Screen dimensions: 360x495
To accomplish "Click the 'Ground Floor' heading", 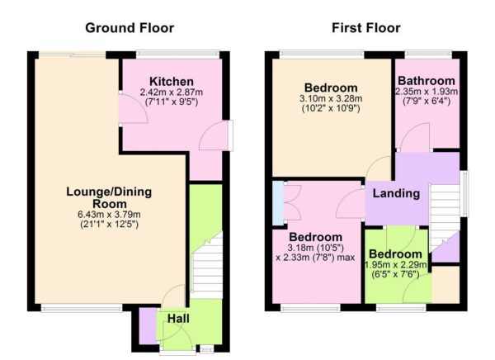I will [130, 28].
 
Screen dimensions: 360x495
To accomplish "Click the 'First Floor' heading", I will [365, 28].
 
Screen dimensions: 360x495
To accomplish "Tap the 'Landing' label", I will [396, 194].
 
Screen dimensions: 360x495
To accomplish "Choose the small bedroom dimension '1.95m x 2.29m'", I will [398, 264].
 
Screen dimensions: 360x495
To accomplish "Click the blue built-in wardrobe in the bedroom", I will [278, 201].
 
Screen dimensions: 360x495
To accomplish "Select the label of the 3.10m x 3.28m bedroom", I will [330, 88].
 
